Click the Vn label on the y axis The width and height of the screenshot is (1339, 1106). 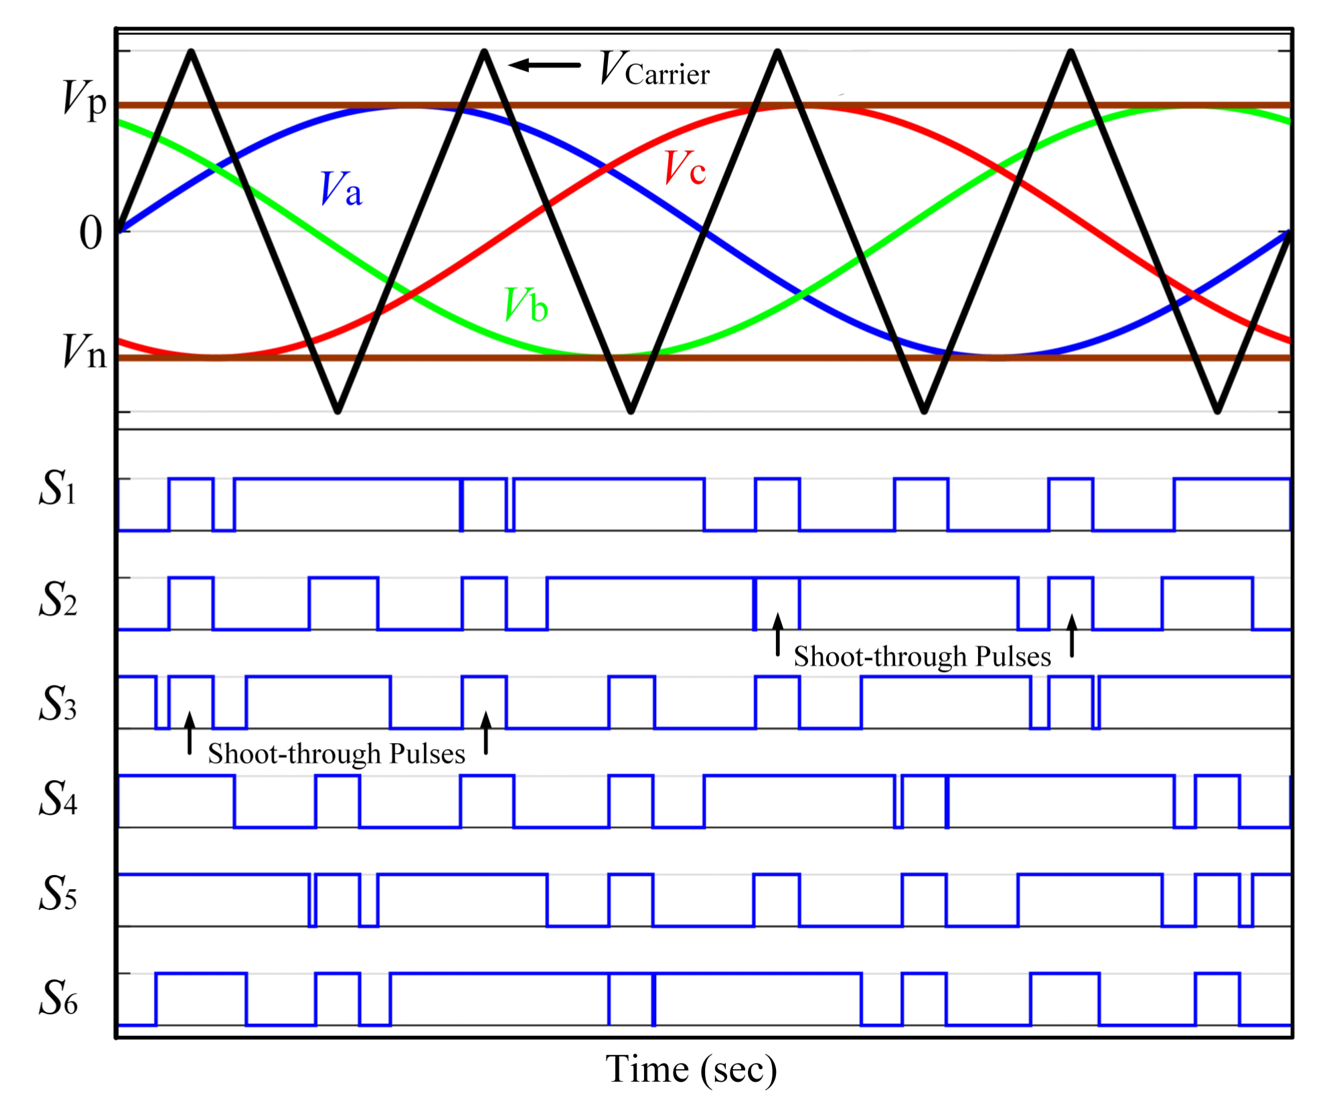click(84, 352)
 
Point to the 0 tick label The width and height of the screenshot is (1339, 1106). click(91, 234)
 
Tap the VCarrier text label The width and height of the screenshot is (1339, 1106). click(654, 70)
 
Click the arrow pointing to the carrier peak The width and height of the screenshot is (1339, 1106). click(544, 65)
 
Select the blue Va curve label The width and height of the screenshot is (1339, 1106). click(341, 189)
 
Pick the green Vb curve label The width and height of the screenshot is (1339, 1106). click(526, 305)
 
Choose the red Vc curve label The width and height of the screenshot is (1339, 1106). click(684, 168)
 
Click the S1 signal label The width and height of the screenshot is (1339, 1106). click(58, 488)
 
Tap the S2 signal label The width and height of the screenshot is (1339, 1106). click(58, 599)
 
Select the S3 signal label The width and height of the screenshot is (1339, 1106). click(58, 704)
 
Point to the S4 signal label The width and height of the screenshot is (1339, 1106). click(58, 799)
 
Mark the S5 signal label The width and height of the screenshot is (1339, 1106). click(58, 894)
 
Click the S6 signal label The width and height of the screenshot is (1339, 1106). click(58, 998)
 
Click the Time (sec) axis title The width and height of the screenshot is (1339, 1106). click(691, 1070)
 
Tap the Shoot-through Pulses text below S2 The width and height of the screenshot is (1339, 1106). click(922, 657)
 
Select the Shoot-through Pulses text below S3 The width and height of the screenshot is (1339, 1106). click(336, 754)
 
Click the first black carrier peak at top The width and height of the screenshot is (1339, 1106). click(191, 52)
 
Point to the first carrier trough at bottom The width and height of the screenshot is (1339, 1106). click(338, 410)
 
